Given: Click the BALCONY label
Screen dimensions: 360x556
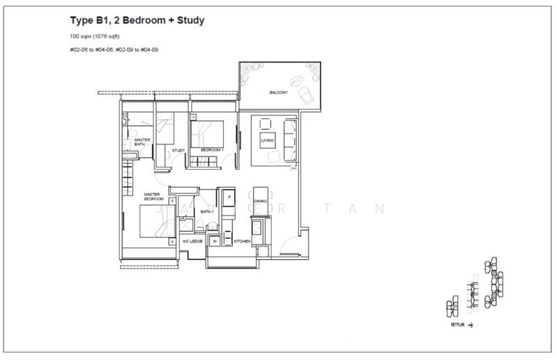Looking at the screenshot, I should click(x=279, y=92).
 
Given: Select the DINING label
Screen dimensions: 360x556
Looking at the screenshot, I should click(x=260, y=201).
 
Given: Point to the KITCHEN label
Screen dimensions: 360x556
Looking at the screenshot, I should click(x=242, y=240).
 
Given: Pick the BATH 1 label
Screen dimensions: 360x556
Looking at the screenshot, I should click(x=207, y=211).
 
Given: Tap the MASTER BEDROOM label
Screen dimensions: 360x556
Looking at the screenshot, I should click(x=153, y=197).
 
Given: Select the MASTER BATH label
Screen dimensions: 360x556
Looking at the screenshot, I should click(x=142, y=142).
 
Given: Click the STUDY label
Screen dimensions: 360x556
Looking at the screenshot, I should click(x=178, y=150).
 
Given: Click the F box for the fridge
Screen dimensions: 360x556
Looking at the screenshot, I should click(x=228, y=197).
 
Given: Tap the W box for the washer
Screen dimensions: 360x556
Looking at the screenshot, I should click(x=215, y=240).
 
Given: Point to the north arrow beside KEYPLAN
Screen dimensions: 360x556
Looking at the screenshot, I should click(x=472, y=325).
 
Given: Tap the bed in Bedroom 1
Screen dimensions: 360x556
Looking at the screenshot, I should click(x=209, y=132).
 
